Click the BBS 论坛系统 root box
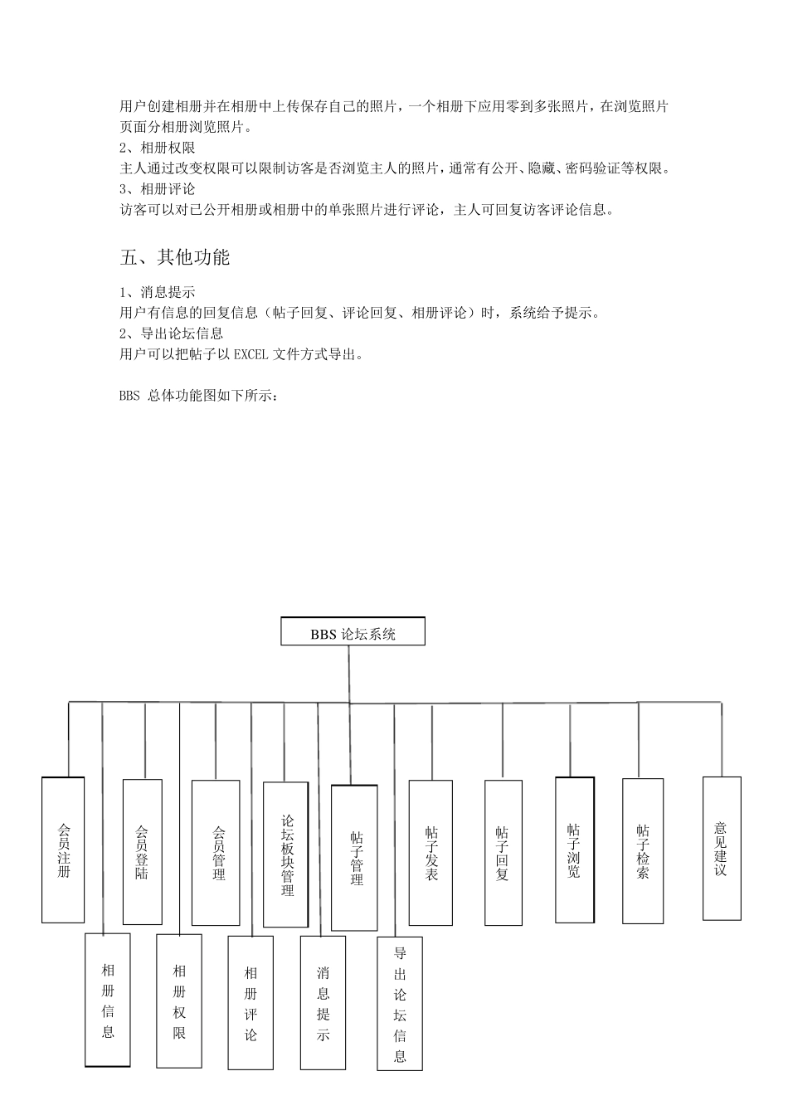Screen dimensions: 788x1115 [353, 632]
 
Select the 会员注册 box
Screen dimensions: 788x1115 [63, 850]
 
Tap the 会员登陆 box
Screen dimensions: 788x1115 [142, 852]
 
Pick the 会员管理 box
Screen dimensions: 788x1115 [216, 853]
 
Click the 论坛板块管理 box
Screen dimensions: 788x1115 [286, 855]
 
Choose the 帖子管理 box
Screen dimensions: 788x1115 [354, 858]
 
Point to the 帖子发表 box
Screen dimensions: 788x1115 [431, 853]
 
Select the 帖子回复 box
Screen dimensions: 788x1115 [503, 853]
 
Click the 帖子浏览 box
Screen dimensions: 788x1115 [575, 850]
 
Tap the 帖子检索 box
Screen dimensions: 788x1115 [643, 851]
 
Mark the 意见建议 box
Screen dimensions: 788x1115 [722, 848]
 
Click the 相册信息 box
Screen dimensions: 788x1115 [108, 1000]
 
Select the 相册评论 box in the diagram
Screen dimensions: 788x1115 [251, 1002]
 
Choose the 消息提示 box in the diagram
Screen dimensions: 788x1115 [323, 1002]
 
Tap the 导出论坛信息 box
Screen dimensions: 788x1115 [400, 1004]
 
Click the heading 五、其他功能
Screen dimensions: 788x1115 [175, 257]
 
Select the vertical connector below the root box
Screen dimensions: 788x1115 [348, 673]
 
